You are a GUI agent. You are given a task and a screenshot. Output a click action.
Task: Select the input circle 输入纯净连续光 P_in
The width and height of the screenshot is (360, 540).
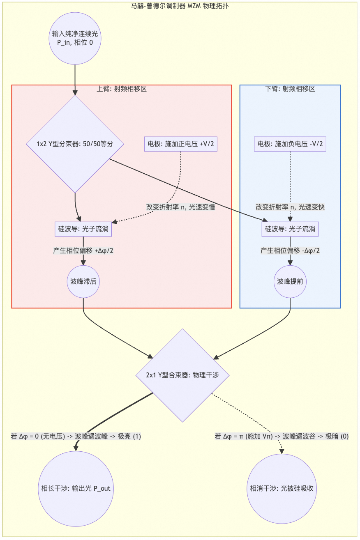point(75,38)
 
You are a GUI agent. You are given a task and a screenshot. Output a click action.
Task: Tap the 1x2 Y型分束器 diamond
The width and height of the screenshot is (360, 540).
point(75,144)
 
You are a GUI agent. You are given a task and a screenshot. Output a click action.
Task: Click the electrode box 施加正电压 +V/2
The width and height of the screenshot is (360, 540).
point(181,144)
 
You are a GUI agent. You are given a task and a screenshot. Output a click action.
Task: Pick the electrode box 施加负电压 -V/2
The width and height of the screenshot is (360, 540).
point(290,144)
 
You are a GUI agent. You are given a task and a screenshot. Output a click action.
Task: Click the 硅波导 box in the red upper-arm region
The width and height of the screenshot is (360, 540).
point(83,229)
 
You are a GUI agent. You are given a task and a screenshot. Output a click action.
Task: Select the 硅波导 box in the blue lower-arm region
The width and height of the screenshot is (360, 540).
point(290,229)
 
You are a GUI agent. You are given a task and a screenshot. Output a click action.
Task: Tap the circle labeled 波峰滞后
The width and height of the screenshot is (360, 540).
point(83,282)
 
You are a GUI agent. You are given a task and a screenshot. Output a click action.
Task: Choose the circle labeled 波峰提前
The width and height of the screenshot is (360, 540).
point(290,282)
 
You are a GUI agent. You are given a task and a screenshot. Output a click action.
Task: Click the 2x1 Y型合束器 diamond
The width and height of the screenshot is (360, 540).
point(182,375)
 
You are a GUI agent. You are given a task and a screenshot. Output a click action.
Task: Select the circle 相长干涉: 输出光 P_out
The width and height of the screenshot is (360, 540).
point(76,489)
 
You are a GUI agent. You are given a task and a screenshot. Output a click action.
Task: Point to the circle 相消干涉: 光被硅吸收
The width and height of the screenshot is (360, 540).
point(282,489)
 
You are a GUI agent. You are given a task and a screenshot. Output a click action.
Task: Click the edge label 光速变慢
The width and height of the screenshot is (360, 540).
point(181,207)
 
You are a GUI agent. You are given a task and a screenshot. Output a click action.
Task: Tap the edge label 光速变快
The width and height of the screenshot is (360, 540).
point(290,207)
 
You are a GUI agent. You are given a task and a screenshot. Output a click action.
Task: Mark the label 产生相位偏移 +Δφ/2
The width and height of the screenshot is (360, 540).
point(83,250)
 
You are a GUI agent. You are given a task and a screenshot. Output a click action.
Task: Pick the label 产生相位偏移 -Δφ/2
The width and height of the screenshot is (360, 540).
point(290,250)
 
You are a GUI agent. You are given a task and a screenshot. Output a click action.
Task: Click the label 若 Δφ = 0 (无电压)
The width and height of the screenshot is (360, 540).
point(76,437)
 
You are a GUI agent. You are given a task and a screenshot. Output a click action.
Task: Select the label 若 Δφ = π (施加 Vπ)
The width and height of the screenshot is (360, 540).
point(282,437)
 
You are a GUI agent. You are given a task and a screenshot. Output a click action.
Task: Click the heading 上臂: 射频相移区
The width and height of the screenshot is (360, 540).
point(122,89)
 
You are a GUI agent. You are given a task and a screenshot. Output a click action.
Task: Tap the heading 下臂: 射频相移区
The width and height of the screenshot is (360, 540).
point(290,89)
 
